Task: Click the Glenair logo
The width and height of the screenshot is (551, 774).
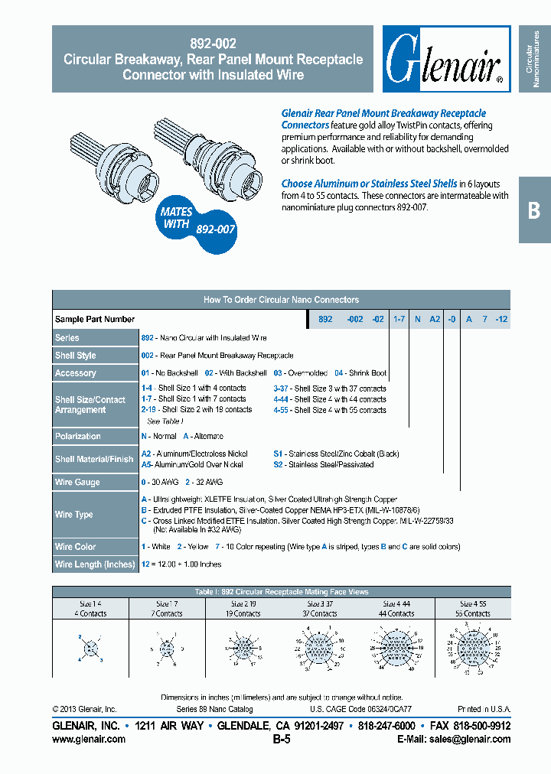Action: (444, 59)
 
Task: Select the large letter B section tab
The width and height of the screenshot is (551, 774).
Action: (534, 210)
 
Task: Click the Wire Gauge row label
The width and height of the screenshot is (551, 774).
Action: (77, 483)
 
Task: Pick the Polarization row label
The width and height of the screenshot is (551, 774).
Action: (78, 436)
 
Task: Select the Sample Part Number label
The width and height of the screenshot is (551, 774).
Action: (95, 319)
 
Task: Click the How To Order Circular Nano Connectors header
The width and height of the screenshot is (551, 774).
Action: (281, 300)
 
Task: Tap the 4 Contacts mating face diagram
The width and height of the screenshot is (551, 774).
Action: (91, 648)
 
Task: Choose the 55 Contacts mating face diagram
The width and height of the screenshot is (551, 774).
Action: (472, 648)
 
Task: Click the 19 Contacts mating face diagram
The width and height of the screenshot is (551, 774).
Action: (243, 647)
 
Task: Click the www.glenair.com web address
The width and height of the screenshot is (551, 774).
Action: (89, 739)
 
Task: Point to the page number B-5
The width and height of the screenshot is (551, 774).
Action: (281, 740)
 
